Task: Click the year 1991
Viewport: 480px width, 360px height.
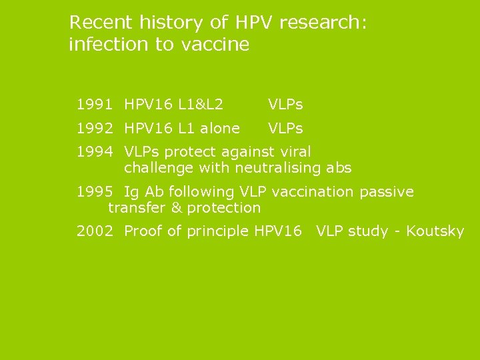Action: pos(94,104)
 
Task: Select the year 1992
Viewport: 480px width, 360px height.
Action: pos(94,128)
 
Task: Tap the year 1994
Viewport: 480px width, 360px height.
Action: pos(94,152)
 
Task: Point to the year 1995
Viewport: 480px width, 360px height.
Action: pos(94,192)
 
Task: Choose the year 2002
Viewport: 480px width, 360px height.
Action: pos(94,231)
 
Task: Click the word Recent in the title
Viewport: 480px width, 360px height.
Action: pos(101,23)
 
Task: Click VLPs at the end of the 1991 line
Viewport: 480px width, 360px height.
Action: pos(285,104)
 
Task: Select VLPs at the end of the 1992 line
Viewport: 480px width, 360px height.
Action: pos(285,128)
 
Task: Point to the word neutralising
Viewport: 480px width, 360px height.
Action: pos(276,168)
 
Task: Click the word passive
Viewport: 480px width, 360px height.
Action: pos(387,192)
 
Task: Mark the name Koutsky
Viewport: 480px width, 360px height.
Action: pos(435,231)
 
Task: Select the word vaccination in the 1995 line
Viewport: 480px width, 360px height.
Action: pos(313,192)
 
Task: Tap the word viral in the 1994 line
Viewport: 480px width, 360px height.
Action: pos(294,152)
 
